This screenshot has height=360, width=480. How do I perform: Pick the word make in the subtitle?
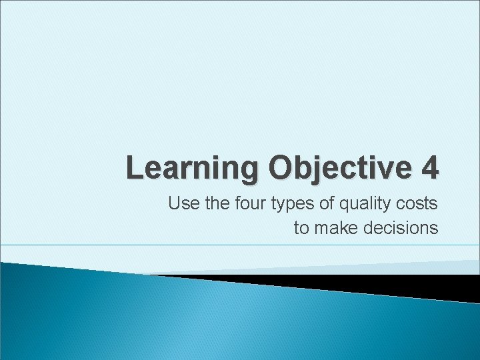point(335,228)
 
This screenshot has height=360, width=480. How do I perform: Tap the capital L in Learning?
point(133,167)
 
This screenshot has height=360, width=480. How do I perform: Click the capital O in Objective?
point(281,167)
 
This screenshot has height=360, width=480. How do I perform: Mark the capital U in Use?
point(174,203)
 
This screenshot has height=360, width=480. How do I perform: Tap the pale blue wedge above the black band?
point(400,267)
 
